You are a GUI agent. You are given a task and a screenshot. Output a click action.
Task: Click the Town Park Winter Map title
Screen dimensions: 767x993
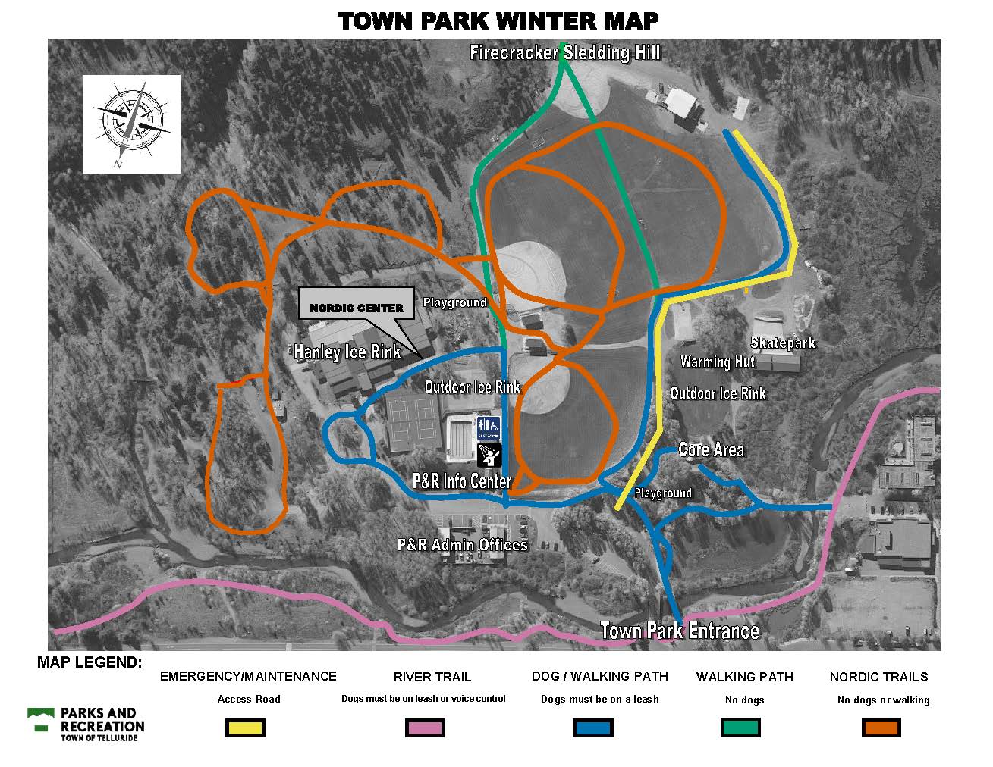(498, 20)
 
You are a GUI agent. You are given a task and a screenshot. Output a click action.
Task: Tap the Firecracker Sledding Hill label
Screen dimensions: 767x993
(564, 52)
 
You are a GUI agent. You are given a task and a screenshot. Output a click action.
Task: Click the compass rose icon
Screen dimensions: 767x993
(131, 124)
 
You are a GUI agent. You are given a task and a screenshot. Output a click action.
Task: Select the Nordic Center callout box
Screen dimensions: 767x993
(357, 308)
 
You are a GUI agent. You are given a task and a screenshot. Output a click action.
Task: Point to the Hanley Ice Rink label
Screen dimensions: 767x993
(347, 352)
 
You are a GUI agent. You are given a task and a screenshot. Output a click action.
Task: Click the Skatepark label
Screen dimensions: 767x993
(782, 343)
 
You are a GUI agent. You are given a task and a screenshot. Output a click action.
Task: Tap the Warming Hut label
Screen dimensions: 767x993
(717, 362)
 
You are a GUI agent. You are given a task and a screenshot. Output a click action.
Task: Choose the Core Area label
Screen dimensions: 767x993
(711, 450)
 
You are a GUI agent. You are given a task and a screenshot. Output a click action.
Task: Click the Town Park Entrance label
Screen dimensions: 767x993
(679, 631)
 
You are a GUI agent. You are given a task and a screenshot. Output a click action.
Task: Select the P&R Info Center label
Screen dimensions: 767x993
(461, 481)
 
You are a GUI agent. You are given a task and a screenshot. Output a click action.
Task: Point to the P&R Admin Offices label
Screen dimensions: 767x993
(462, 545)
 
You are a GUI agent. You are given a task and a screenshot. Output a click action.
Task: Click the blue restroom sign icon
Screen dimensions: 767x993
(488, 428)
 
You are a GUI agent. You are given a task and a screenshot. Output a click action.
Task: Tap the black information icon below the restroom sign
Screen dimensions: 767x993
(488, 455)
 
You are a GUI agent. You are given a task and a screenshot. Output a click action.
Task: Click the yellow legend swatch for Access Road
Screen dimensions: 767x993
(246, 728)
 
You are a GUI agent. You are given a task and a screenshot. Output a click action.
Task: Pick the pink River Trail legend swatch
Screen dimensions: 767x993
(425, 728)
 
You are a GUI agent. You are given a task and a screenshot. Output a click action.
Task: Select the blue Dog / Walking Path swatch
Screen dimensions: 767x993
(592, 728)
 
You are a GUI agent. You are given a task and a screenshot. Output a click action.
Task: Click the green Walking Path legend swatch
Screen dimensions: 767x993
(740, 728)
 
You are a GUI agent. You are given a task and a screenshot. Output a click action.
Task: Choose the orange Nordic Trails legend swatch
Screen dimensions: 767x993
(881, 728)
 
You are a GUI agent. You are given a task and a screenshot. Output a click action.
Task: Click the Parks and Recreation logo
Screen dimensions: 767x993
(86, 725)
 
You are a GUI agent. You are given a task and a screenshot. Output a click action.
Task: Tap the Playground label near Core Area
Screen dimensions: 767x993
(663, 493)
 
